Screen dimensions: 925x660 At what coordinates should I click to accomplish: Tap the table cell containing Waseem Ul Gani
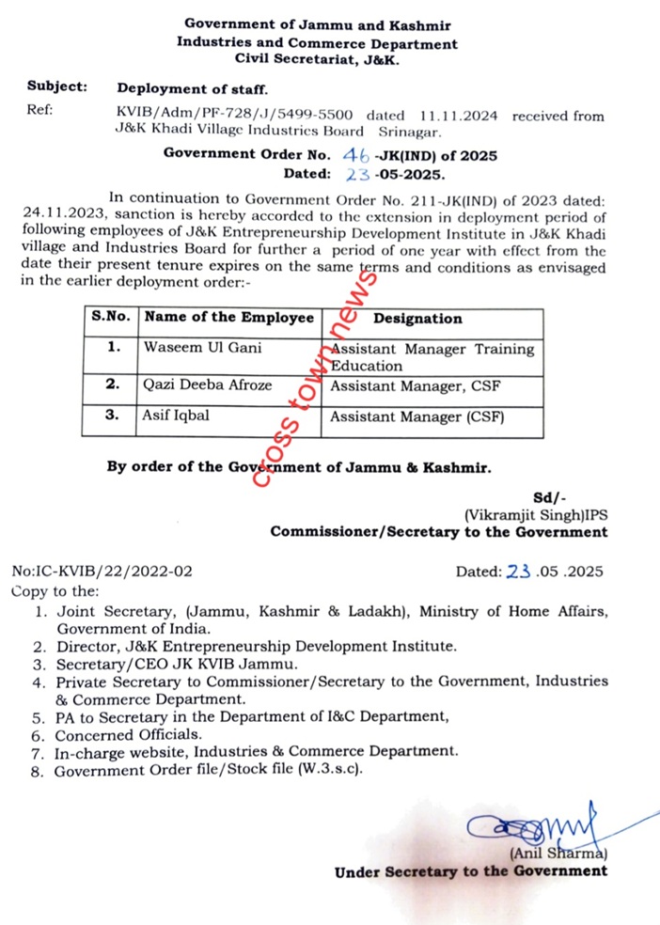(x=228, y=347)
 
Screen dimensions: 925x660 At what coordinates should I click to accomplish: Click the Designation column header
(x=417, y=318)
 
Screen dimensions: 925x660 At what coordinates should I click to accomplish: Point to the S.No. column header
(x=110, y=318)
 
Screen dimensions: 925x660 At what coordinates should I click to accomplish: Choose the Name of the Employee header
(x=228, y=318)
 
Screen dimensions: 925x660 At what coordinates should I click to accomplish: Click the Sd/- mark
(x=549, y=497)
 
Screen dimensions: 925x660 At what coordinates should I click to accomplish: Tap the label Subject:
(x=57, y=87)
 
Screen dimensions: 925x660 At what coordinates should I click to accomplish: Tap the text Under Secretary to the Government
(x=470, y=871)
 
